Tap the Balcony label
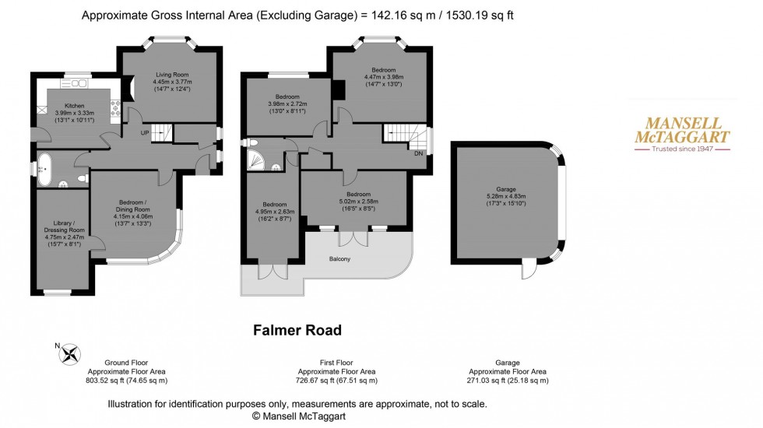pos(340,259)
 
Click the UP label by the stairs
pos(144,133)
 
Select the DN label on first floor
pos(419,153)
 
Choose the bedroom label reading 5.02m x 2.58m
pos(357,202)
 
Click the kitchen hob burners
pos(116,108)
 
